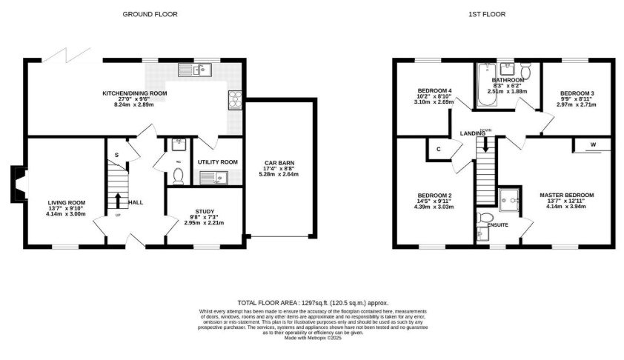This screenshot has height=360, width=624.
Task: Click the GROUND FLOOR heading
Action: pyautogui.click(x=146, y=14)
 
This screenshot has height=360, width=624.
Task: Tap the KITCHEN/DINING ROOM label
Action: pyautogui.click(x=134, y=93)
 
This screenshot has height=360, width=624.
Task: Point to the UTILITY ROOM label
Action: pyautogui.click(x=217, y=161)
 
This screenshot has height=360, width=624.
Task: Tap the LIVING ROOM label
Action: pyautogui.click(x=67, y=201)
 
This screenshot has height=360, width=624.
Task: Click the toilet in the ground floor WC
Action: pyautogui.click(x=177, y=175)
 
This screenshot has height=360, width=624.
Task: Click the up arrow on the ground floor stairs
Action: pyautogui.click(x=117, y=200)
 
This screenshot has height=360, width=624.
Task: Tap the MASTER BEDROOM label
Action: pyautogui.click(x=566, y=195)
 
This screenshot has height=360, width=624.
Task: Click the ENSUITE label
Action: pyautogui.click(x=497, y=223)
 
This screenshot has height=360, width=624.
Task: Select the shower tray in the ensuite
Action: pyautogui.click(x=510, y=197)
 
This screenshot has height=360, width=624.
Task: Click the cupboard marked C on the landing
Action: pyautogui.click(x=439, y=150)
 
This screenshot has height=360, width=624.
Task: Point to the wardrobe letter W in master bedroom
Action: pyautogui.click(x=594, y=144)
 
